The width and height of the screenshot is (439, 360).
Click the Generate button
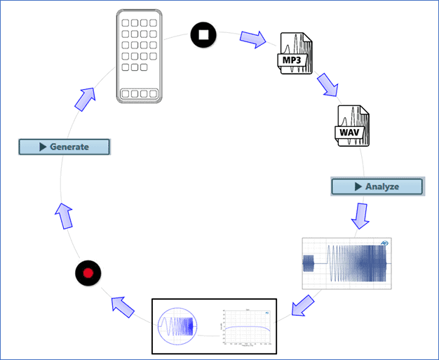click(x=65, y=147)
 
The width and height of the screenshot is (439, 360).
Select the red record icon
click(x=88, y=272)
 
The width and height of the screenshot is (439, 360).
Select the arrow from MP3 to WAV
click(x=327, y=84)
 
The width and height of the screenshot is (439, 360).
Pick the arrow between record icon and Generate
click(x=65, y=215)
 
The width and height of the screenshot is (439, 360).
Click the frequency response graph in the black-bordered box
click(x=245, y=328)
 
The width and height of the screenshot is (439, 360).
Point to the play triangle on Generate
click(x=43, y=147)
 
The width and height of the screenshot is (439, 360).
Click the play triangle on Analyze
click(x=359, y=186)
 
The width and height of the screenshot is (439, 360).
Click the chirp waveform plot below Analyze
click(x=345, y=263)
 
